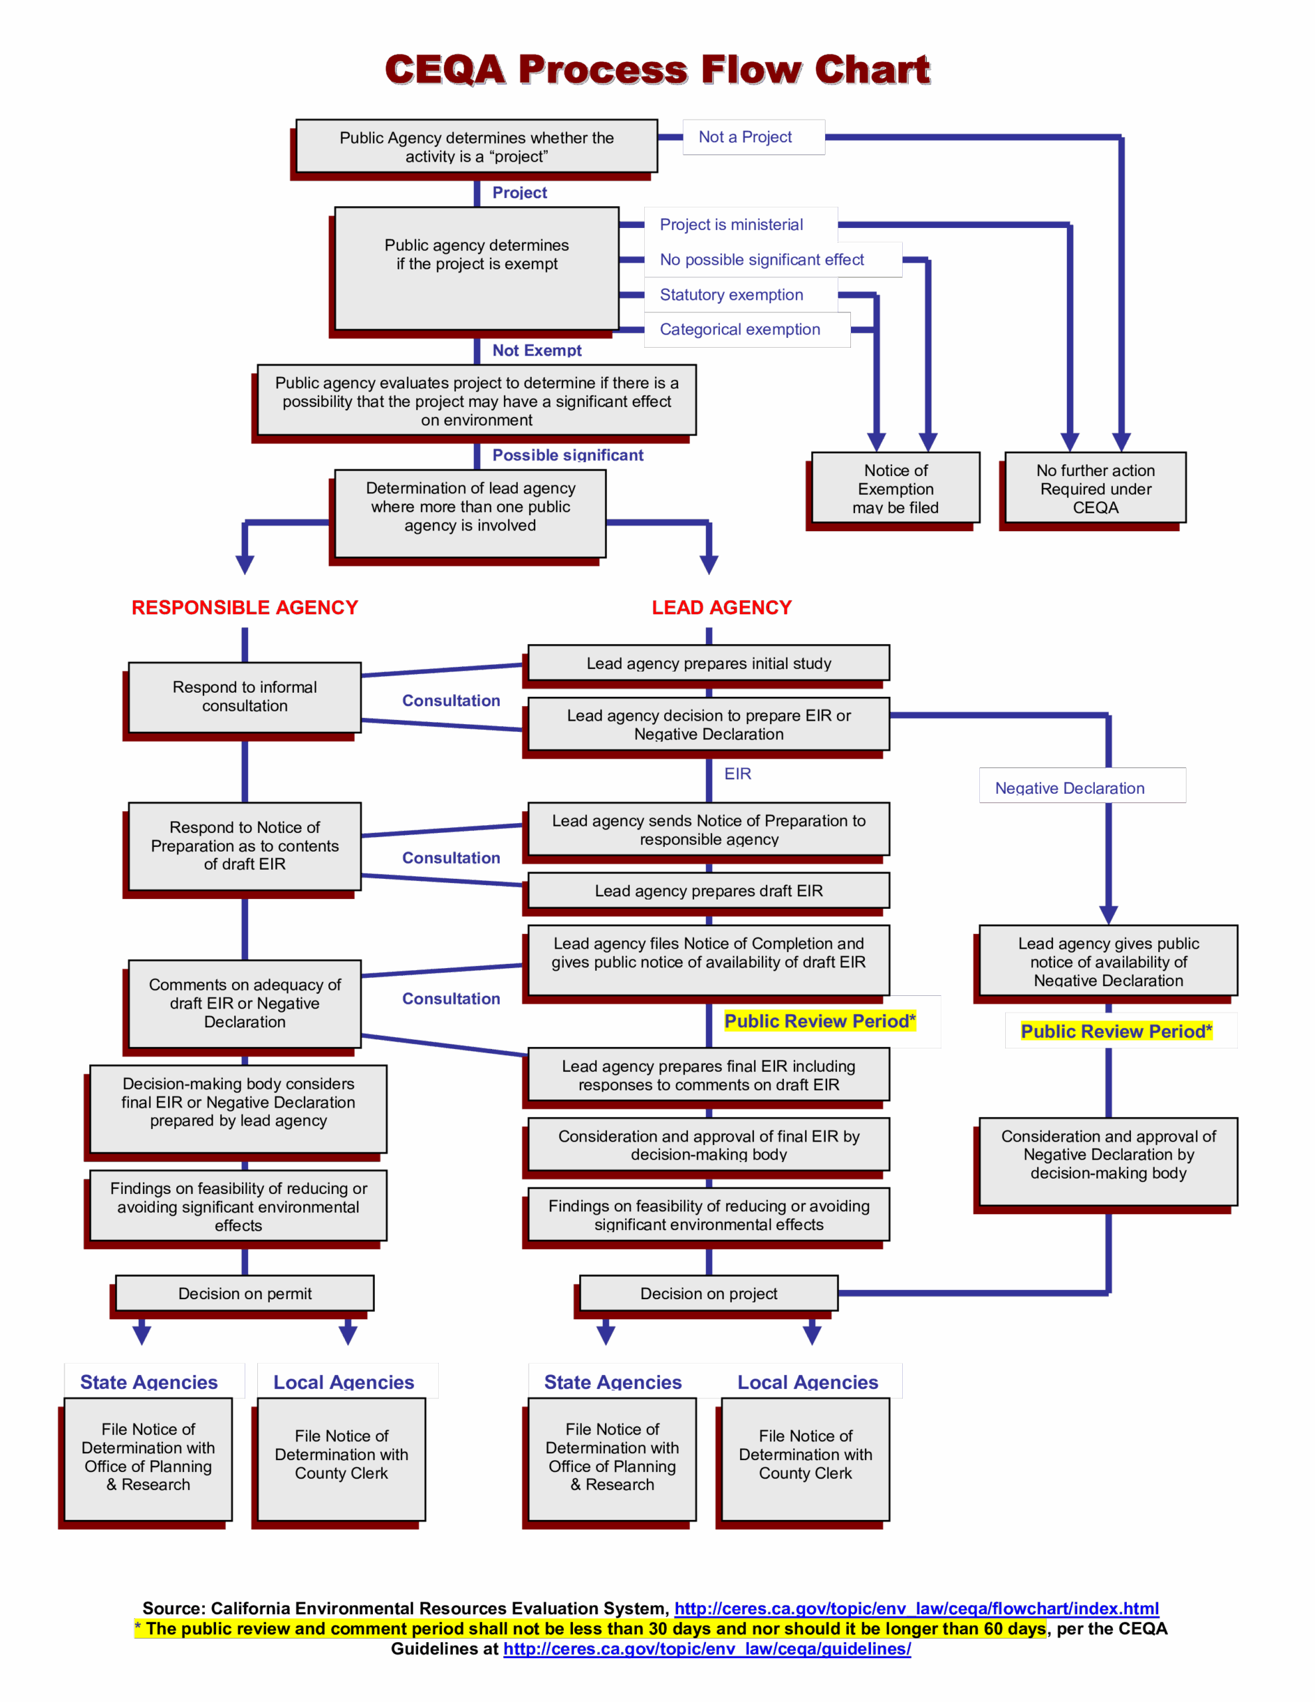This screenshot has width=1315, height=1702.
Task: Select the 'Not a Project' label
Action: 745,137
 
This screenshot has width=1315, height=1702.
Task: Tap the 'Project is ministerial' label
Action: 731,225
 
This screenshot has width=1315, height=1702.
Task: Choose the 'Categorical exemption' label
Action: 740,330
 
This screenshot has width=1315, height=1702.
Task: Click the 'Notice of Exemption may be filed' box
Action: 895,488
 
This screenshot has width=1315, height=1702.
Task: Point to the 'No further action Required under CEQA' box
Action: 1095,488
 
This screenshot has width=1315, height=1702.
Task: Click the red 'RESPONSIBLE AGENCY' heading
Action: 245,608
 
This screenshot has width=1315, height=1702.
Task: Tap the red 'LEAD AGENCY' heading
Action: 722,608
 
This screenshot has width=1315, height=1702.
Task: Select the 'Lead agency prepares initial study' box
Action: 709,664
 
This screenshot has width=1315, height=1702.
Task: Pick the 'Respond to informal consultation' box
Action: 245,697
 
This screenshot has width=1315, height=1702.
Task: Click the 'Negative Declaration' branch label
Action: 1070,788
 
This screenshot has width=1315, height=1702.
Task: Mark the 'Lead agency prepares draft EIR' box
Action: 709,891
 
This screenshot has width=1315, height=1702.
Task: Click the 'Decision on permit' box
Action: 245,1294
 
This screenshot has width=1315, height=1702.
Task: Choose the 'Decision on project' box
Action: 709,1294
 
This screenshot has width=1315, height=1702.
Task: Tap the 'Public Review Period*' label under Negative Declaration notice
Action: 1116,1031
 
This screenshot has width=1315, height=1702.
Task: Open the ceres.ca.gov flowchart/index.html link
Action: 916,1608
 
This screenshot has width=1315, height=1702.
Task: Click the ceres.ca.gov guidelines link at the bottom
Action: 707,1649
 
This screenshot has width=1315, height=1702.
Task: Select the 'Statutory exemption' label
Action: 731,295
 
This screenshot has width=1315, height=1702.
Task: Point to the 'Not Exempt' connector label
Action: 537,350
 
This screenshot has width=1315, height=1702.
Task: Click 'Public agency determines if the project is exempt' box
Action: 476,268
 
